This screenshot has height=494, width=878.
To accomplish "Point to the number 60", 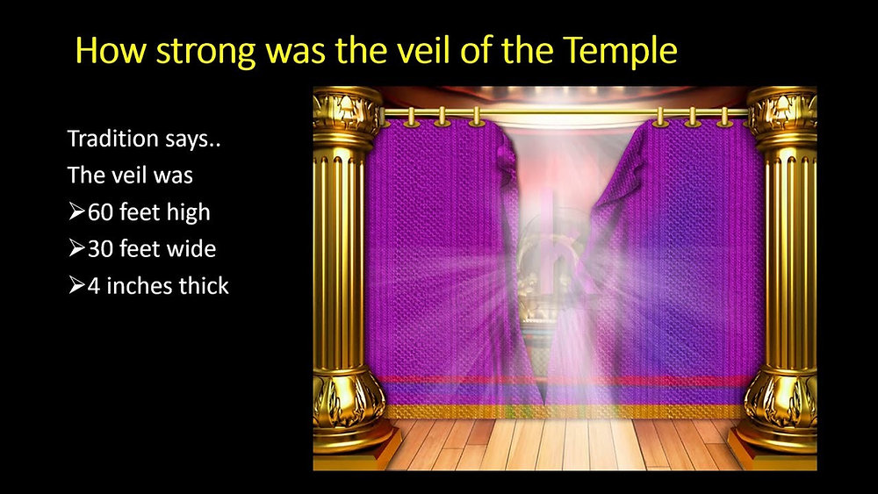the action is point(101,212).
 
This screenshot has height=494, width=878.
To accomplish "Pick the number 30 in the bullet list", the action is point(101,249).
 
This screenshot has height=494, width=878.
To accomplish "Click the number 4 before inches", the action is point(94,286).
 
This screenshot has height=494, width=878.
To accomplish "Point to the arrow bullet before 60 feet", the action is point(76,212).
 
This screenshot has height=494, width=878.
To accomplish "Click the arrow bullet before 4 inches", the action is point(76,286).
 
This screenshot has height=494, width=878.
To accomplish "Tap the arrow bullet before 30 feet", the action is point(76,249).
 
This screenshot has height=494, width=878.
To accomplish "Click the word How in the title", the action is point(111,50).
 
